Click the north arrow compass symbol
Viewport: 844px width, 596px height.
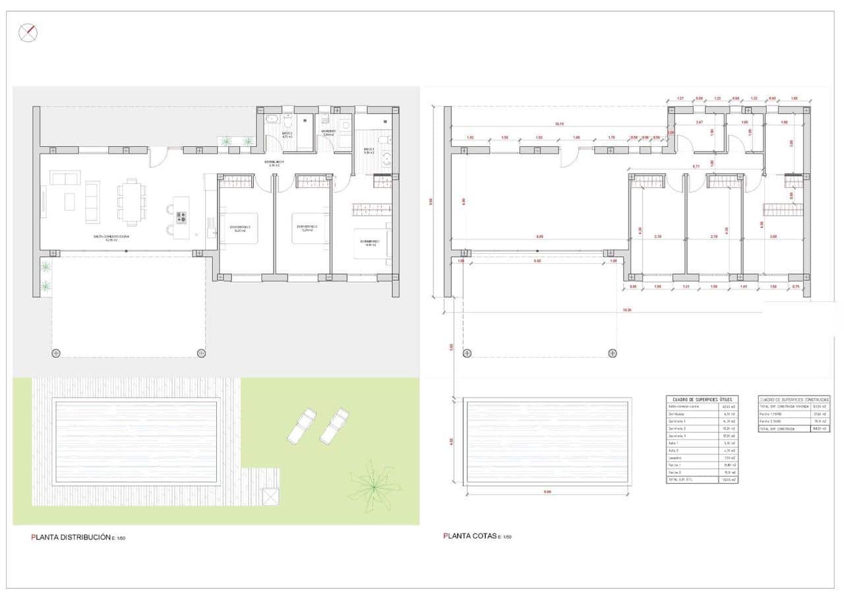point(28,33)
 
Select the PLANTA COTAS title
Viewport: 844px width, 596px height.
point(469,536)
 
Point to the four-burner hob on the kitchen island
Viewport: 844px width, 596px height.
point(181,217)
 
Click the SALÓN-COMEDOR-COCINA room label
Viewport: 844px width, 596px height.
point(110,237)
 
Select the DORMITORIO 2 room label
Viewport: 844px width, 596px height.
point(305,228)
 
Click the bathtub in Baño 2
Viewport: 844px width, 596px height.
point(272,121)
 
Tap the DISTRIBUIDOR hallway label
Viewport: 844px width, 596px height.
point(275,162)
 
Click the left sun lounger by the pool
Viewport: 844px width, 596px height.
point(301,425)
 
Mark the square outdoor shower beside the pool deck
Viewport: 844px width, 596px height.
point(270,497)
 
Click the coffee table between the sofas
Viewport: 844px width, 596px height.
point(70,201)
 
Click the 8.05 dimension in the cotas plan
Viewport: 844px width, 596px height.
point(539,236)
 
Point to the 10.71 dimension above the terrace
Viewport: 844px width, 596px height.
point(559,123)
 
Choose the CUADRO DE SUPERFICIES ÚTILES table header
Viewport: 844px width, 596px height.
point(703,400)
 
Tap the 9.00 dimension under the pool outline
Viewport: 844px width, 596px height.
point(547,491)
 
